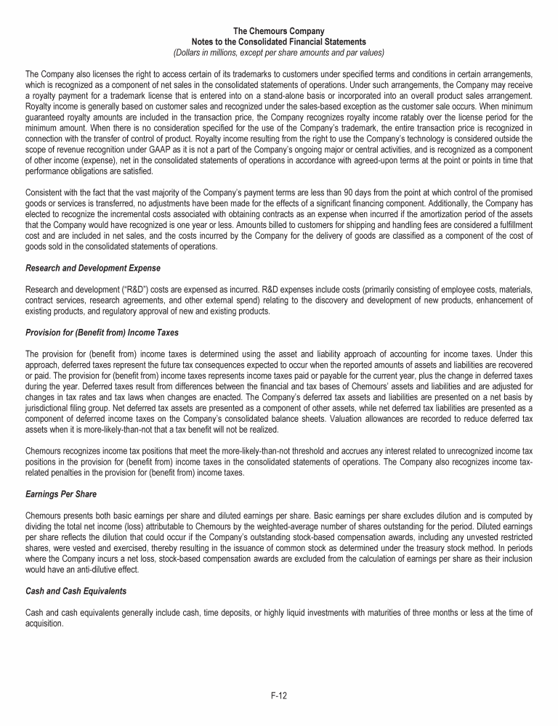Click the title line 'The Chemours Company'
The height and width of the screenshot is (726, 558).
[x=278, y=31]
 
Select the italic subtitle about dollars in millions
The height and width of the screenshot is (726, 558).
[x=278, y=52]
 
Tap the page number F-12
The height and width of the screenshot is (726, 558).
[x=278, y=695]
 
